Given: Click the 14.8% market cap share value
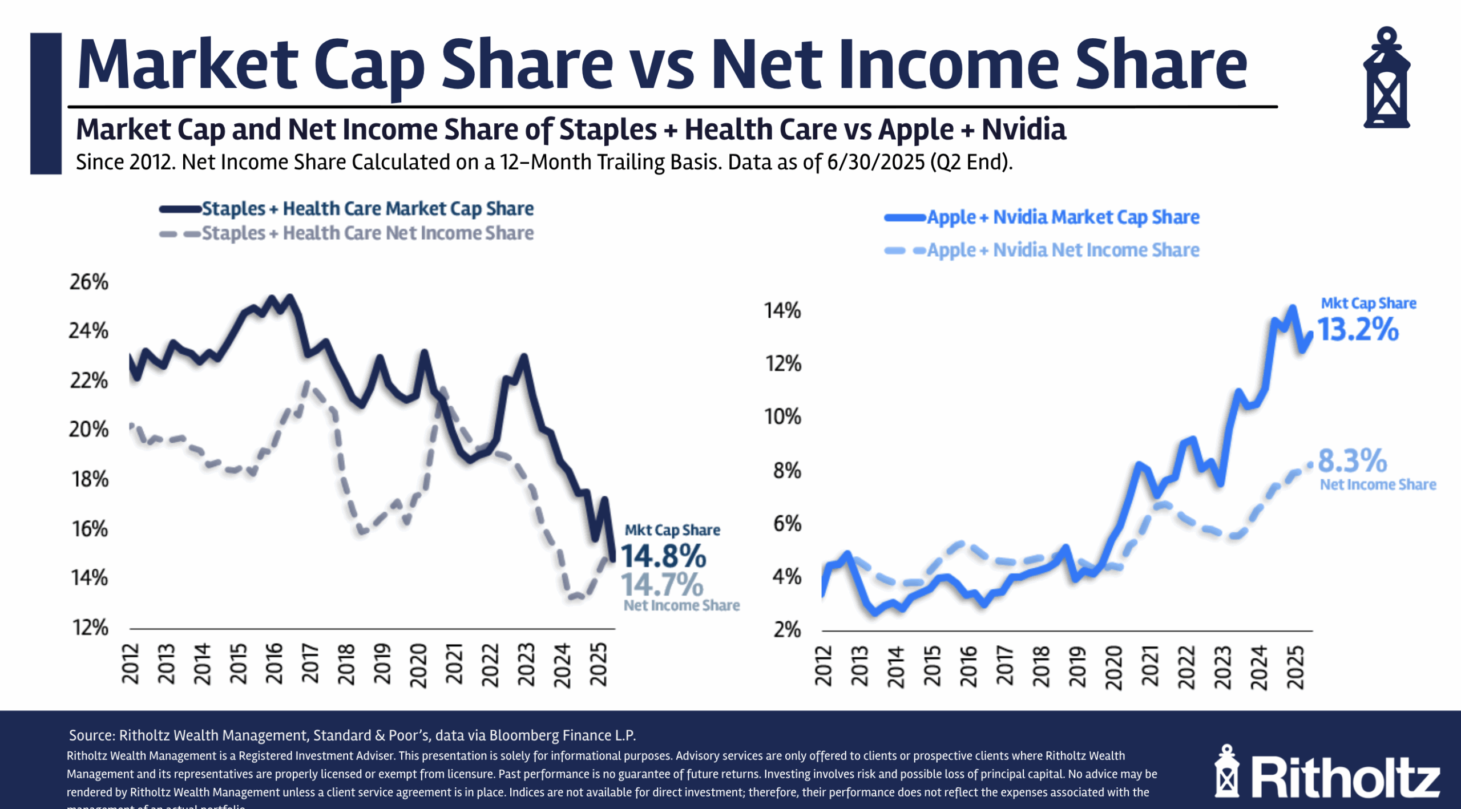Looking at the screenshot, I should coord(663,556).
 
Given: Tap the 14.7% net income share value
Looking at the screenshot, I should coord(662,585).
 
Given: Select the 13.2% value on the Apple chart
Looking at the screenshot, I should coord(1358,330).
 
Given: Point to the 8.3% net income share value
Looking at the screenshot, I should coord(1353,461).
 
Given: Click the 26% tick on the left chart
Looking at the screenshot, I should coord(89,282).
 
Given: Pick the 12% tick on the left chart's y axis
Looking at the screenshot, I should coord(90,628).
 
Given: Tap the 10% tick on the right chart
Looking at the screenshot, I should coord(782,417).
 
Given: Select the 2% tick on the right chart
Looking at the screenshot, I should coord(787,630).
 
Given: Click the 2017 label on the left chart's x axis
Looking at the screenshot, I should coord(310,664).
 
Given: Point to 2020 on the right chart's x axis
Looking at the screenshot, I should coord(1113,667).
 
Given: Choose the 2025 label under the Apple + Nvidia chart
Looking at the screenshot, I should coord(1295,667).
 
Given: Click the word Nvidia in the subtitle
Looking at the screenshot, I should coord(1024,130).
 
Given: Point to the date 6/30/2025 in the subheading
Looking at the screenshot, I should coord(875,163).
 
